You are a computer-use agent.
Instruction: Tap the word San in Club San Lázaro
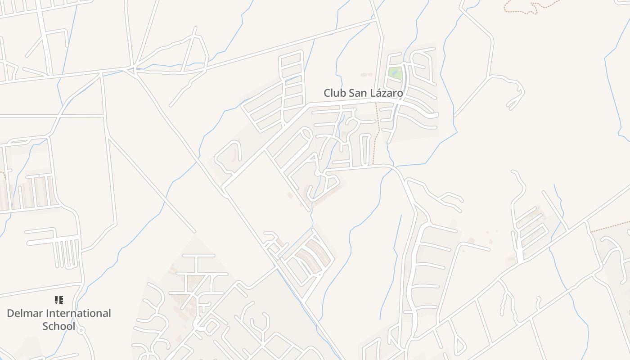358,93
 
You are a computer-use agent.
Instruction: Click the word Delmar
26,313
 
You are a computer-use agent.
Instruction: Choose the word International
79,313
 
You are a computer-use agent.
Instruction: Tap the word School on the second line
58,326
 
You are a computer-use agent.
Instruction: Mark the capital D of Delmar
11,313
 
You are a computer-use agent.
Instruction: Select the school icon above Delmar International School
58,300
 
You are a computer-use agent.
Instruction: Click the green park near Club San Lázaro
395,73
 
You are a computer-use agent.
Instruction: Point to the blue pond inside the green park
396,71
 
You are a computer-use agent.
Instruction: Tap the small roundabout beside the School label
81,330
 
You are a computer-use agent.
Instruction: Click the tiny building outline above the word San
366,74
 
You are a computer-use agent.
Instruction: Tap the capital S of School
46,326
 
